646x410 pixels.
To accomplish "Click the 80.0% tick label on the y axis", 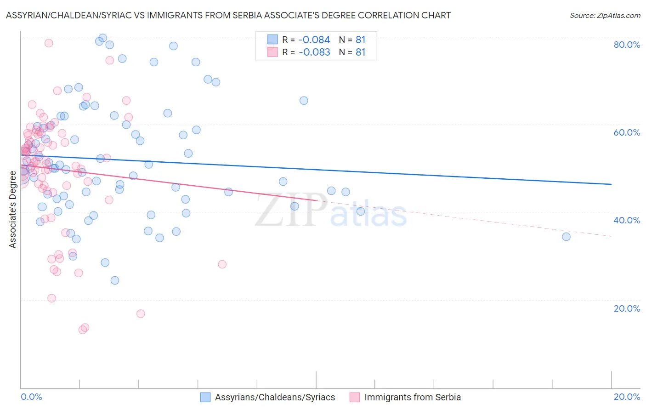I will (627, 45).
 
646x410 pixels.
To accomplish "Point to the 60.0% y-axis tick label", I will (627, 132).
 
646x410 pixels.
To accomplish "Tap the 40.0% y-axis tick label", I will (627, 220).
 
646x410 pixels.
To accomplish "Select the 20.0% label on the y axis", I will (627, 308).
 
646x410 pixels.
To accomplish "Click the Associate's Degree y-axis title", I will (13, 210).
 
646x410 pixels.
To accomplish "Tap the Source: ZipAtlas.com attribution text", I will (605, 16).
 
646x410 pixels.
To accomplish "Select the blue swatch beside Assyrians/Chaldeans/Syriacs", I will (205, 397).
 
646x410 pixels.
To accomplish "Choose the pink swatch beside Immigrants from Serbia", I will (355, 397).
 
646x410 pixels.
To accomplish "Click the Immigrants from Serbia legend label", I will (412, 397).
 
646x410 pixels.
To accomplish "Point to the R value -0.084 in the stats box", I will (314, 40).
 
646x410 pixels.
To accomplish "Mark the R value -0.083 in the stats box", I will (314, 52).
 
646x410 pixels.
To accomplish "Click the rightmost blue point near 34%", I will (566, 237).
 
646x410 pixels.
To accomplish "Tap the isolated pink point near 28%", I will (222, 264).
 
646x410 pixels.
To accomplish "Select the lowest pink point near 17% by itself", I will (141, 314).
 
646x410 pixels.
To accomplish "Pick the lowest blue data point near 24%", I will (115, 280).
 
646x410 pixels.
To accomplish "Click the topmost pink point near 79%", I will (49, 43).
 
